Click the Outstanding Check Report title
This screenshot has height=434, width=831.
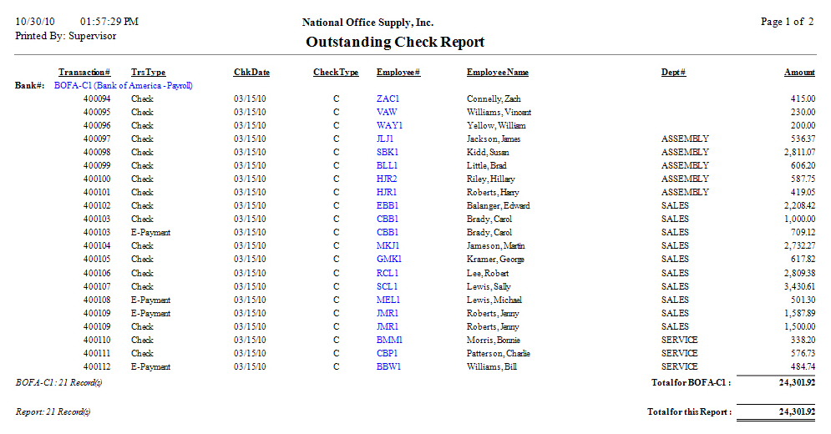(395, 42)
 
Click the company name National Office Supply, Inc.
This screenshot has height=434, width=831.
(367, 23)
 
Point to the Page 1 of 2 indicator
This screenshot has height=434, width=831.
(787, 22)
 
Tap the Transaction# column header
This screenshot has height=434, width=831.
(84, 73)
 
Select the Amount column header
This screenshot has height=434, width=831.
(799, 73)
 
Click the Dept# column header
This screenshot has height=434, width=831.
(673, 73)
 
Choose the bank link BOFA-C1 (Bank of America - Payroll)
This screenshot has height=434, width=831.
(123, 85)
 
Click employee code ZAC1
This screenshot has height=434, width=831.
(388, 98)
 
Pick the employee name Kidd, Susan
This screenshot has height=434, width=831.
(487, 152)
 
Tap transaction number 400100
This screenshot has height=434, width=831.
(97, 179)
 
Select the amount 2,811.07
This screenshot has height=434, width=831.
(798, 152)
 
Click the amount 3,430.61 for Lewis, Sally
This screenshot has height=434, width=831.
(798, 286)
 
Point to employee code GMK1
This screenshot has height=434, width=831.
(389, 260)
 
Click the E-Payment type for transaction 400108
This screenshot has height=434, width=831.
(150, 300)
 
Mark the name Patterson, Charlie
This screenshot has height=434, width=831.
(498, 353)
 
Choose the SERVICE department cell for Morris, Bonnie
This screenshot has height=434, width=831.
(679, 340)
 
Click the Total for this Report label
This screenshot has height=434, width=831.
(689, 412)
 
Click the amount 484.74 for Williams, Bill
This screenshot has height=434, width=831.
(800, 366)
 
